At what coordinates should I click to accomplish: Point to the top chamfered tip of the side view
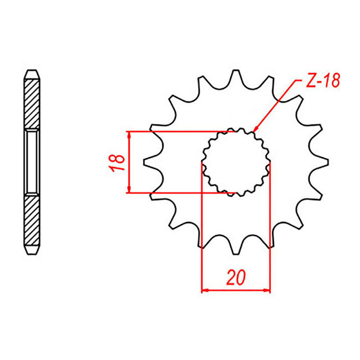point(32,73)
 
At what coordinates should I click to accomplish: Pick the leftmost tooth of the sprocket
point(147,162)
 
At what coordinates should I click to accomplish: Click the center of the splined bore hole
point(236,162)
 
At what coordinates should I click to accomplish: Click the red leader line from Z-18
point(278,103)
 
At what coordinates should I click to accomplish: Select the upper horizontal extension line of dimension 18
point(175,131)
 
